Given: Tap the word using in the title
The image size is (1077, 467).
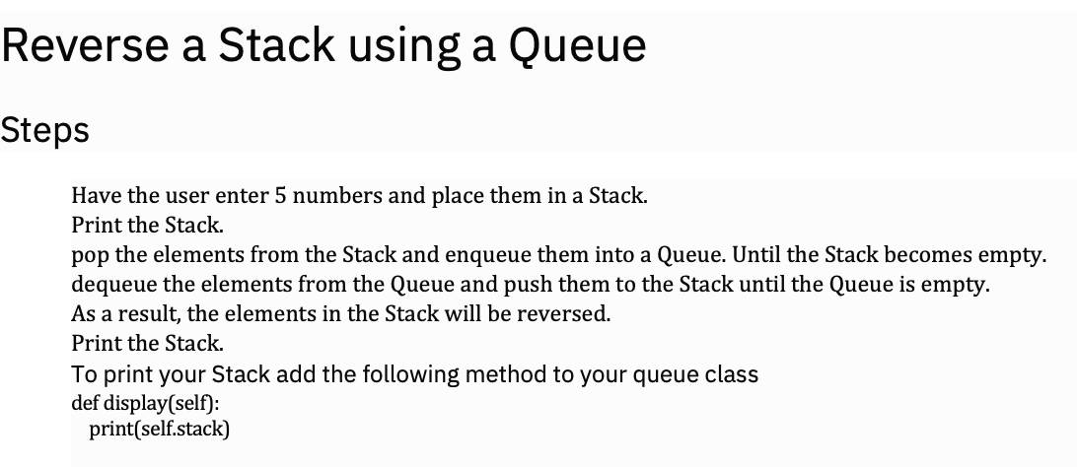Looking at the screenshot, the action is pyautogui.click(x=381, y=45).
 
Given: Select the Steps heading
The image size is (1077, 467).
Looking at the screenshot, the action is pyautogui.click(x=45, y=130).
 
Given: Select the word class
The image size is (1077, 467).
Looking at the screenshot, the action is pyautogui.click(x=729, y=374).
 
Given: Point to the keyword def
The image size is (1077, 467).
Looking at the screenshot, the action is pyautogui.click(x=86, y=402).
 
